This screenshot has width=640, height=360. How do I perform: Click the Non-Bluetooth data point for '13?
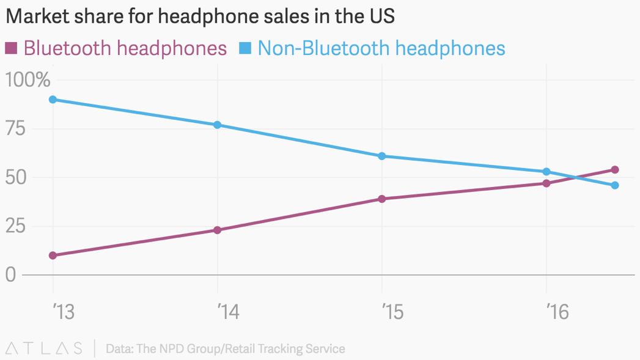(x=53, y=100)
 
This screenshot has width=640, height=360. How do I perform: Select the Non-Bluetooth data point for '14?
(x=218, y=125)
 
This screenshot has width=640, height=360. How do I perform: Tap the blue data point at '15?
(x=382, y=156)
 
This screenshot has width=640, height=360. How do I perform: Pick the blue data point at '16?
(x=546, y=172)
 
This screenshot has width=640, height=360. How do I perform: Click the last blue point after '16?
(x=615, y=185)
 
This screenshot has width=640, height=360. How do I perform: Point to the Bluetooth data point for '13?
(x=53, y=255)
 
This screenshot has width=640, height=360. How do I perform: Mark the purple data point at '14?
(x=218, y=230)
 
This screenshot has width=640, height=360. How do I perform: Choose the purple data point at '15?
(x=382, y=199)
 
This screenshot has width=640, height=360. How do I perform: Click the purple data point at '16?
(x=546, y=183)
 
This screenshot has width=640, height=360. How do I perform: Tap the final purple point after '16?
(x=615, y=170)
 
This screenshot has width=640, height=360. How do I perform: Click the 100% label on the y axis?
(x=28, y=80)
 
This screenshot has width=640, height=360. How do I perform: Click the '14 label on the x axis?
(x=228, y=312)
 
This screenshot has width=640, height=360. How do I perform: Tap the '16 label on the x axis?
(x=557, y=312)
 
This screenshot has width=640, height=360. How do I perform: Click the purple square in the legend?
(x=11, y=48)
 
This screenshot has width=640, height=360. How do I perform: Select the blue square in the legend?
(x=245, y=48)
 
